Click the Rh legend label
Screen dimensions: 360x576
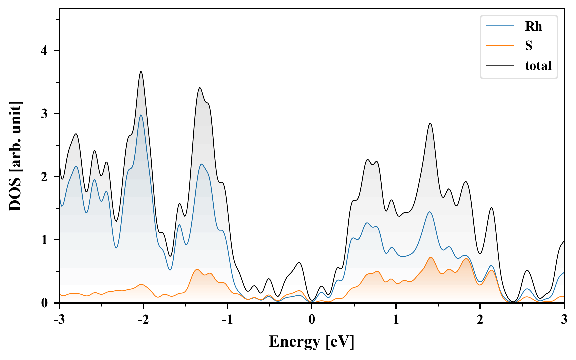533,26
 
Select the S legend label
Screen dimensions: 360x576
529,46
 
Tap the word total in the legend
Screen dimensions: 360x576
538,65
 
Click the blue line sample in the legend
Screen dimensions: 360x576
500,26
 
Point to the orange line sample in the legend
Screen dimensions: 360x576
500,45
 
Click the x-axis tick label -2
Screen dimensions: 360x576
143,320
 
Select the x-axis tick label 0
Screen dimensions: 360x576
312,320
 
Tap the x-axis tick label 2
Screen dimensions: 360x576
480,320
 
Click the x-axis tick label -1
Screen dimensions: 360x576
227,320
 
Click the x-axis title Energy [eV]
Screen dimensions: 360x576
312,342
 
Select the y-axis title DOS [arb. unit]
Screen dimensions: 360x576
15,156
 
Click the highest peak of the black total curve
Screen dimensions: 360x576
141,72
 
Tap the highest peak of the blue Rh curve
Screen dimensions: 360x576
141,115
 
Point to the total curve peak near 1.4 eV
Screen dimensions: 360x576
430,123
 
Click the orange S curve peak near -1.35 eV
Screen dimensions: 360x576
197,269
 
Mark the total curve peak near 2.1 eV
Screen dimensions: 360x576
491,208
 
